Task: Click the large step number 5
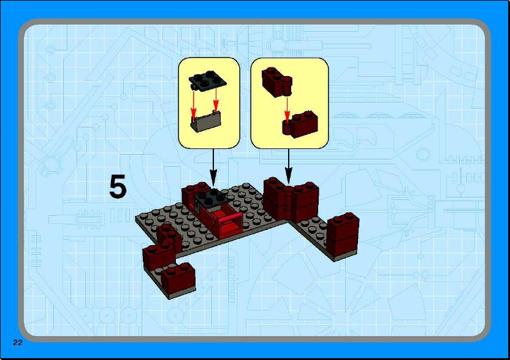118,186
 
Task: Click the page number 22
18,342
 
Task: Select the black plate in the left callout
208,80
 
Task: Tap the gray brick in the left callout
206,121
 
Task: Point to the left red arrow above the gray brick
194,105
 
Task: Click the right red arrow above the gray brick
216,99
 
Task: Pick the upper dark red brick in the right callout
277,82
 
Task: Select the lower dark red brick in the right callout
300,124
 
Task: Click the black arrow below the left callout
213,167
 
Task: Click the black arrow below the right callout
289,167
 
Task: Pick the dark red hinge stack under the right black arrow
290,201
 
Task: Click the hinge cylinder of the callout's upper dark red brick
287,86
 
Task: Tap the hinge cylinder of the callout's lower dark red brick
286,128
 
